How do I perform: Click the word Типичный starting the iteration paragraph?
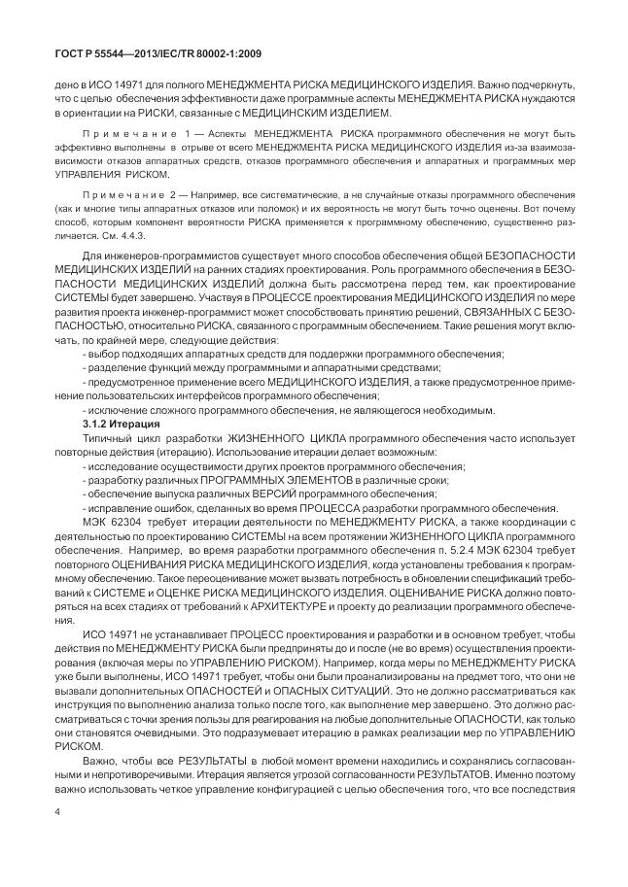109,440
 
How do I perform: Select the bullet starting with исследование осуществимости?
273,467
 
